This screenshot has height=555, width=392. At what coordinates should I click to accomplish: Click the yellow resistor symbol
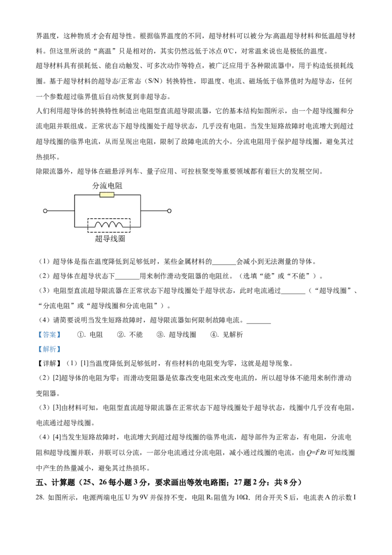(107, 195)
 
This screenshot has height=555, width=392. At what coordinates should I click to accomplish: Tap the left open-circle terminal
(45, 211)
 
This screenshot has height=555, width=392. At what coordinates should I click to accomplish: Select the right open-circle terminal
(169, 211)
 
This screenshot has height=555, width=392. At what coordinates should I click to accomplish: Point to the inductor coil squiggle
(109, 225)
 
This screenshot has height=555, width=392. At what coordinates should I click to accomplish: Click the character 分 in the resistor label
(96, 186)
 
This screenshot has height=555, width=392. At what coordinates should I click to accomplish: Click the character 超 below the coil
(99, 239)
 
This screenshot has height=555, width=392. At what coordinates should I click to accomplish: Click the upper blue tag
(49, 335)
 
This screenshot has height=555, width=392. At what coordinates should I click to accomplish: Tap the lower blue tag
(49, 349)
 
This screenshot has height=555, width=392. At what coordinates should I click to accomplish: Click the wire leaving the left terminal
(60, 211)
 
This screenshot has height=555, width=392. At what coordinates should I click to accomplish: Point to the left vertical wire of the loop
(74, 211)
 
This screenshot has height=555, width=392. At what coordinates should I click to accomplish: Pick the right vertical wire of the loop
(141, 211)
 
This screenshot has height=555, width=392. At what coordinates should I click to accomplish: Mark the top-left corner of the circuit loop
(74, 195)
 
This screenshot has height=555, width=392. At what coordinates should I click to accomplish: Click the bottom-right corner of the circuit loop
(141, 227)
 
